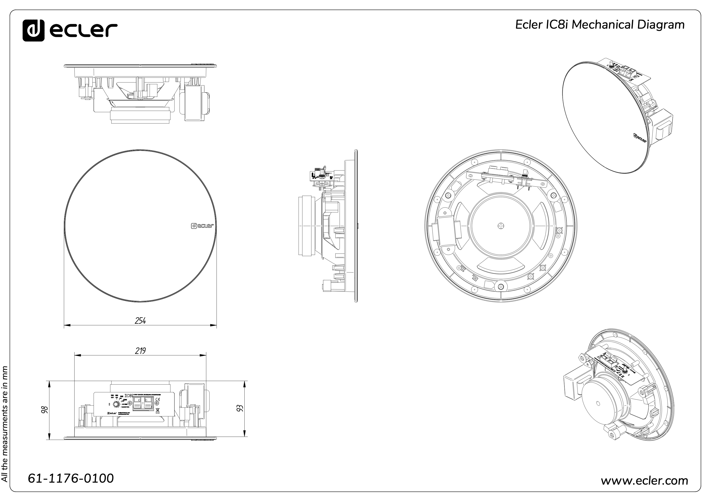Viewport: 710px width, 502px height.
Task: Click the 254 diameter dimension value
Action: click(x=140, y=321)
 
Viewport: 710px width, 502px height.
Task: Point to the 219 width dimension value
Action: click(x=140, y=351)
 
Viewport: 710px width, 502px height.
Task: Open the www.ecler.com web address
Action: click(x=644, y=481)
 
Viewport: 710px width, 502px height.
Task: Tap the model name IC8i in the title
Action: click(x=557, y=25)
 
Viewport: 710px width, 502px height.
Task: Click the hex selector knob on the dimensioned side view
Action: click(x=117, y=404)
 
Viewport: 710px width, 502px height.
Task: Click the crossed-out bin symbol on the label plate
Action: click(x=157, y=410)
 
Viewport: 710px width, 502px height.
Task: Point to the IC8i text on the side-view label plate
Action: click(x=129, y=396)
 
